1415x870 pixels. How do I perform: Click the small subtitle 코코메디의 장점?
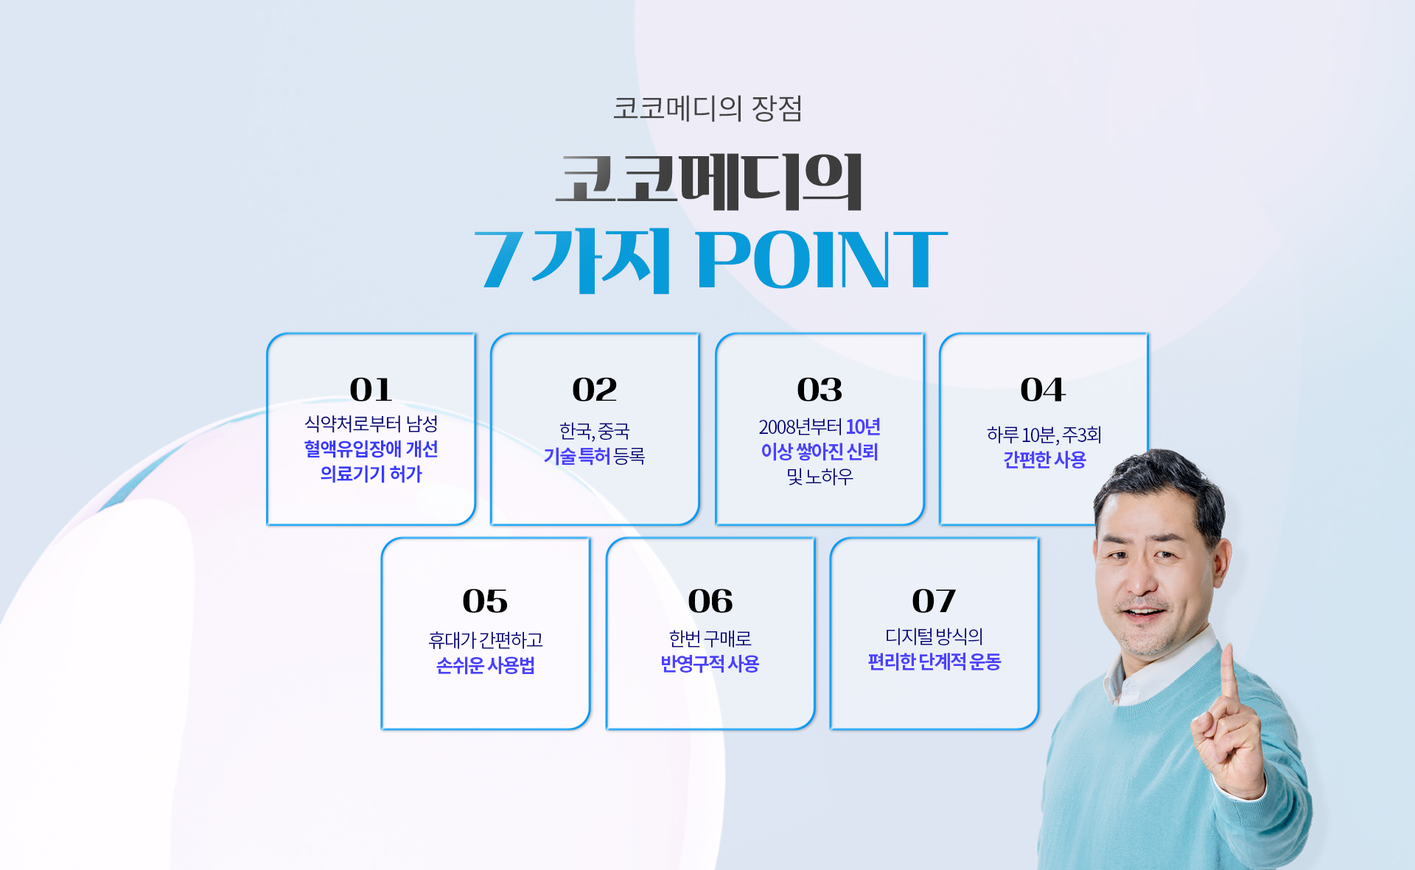(x=707, y=108)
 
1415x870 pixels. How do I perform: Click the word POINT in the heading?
(x=822, y=259)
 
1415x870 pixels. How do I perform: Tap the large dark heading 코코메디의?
(x=709, y=182)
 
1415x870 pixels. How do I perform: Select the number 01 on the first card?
(x=371, y=389)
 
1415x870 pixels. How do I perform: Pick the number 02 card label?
(x=595, y=389)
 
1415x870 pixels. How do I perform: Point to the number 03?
(x=820, y=389)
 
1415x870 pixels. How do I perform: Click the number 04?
(x=1043, y=389)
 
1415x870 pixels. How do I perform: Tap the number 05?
(x=485, y=601)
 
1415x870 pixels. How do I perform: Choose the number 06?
(x=710, y=601)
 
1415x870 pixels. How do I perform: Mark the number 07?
(x=934, y=601)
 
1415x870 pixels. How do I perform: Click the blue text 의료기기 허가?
(x=371, y=474)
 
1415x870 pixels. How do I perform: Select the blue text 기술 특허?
(x=577, y=456)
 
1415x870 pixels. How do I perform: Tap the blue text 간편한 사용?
(x=1044, y=460)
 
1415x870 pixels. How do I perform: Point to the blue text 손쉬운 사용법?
(x=485, y=665)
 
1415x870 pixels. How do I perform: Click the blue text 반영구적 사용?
(x=710, y=664)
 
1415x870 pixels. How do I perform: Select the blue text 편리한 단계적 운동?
(x=934, y=662)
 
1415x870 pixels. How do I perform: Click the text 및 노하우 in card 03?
(x=820, y=477)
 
